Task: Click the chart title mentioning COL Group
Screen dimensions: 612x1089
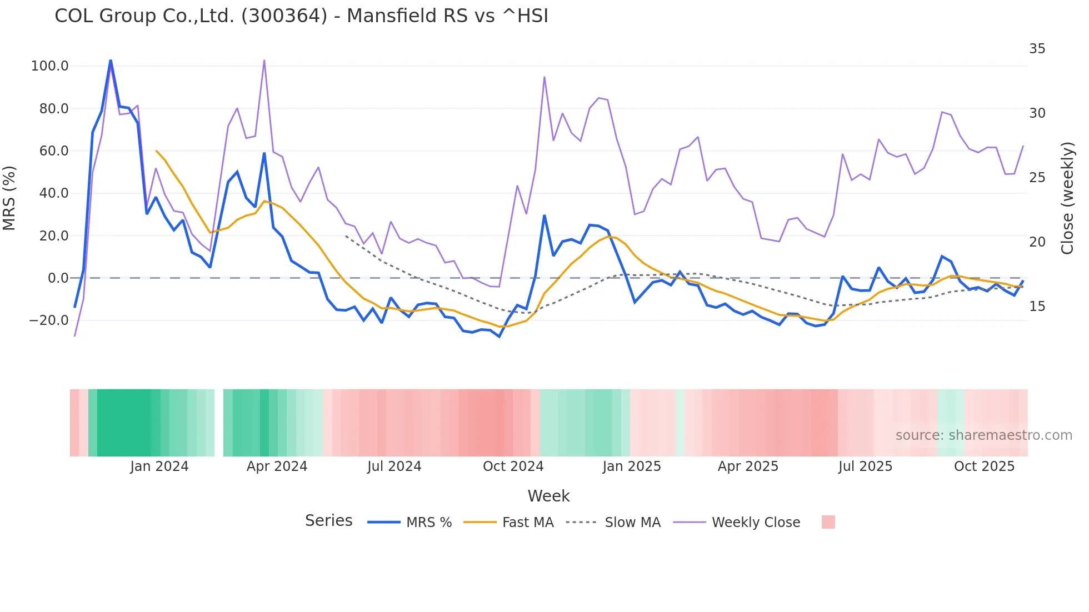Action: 301,16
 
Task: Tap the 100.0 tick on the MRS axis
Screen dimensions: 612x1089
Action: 50,66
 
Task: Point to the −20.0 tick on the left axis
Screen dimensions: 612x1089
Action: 49,320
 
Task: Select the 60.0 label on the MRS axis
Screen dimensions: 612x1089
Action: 53,151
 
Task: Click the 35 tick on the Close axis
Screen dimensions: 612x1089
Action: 1037,49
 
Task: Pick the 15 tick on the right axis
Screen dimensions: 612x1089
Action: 1037,307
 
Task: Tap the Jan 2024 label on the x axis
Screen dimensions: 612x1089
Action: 159,466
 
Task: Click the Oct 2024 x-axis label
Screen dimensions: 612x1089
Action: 513,466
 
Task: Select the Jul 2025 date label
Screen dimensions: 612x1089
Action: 865,466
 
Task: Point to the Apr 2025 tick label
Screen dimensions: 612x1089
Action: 748,466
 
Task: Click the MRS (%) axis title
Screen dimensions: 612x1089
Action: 9,198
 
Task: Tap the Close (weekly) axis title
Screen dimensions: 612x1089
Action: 1067,198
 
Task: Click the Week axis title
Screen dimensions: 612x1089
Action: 548,496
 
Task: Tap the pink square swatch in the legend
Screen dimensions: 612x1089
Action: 828,522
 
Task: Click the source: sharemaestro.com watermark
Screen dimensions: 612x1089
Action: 983,435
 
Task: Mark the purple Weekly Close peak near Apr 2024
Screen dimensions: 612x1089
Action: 264,60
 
